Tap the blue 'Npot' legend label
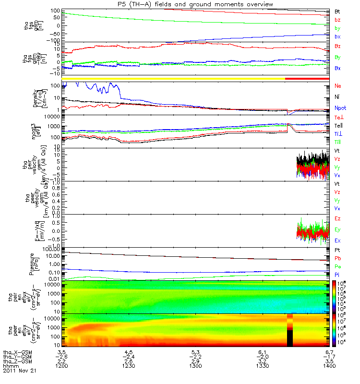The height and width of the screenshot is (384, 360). point(339,108)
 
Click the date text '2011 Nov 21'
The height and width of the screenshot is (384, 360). point(20,371)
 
